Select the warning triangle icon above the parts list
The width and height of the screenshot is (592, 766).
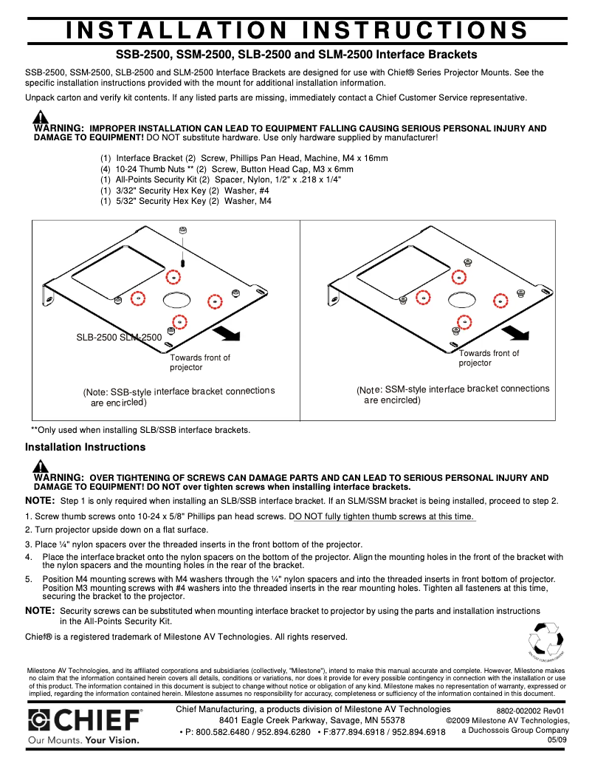coord(41,117)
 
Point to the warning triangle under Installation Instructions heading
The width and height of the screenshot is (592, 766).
coord(41,466)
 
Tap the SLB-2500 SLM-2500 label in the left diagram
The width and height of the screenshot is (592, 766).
coord(119,338)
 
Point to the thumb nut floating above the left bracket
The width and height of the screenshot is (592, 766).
coord(182,231)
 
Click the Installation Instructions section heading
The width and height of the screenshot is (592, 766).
coord(86,447)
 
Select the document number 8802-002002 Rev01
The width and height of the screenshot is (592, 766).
coord(530,711)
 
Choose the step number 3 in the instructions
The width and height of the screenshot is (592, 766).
coord(27,544)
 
